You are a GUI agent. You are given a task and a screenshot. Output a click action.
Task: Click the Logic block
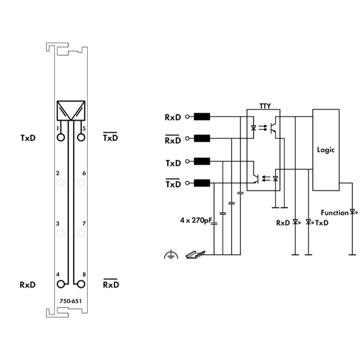326,150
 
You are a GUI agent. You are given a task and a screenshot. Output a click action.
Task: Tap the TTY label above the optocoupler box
265,106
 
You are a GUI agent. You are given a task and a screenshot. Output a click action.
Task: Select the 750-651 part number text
71,301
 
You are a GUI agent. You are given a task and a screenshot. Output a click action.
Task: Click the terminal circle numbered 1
60,137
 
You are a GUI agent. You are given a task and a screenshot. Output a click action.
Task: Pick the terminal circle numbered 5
81,137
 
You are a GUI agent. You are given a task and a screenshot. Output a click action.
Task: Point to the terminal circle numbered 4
60,284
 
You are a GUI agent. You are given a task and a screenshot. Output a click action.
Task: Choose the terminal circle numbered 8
81,284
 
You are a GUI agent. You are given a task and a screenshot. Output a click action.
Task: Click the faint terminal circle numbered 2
60,183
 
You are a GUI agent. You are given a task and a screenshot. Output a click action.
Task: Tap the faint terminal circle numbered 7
81,233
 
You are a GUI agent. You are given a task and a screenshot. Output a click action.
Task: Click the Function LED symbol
353,212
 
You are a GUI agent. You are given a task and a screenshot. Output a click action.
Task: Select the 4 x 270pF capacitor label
196,220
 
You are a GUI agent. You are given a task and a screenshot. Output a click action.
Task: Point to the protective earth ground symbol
171,255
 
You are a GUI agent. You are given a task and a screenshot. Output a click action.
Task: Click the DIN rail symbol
195,254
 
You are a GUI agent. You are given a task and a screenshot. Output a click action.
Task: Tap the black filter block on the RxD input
202,117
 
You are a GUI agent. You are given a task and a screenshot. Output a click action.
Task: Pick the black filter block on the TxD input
202,161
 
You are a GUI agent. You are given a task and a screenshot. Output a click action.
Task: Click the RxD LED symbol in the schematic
297,222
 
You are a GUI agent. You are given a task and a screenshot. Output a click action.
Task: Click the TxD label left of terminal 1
28,138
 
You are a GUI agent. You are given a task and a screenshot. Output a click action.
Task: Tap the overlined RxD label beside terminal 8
111,283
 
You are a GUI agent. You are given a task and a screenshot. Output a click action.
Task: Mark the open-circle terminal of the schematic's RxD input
187,117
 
